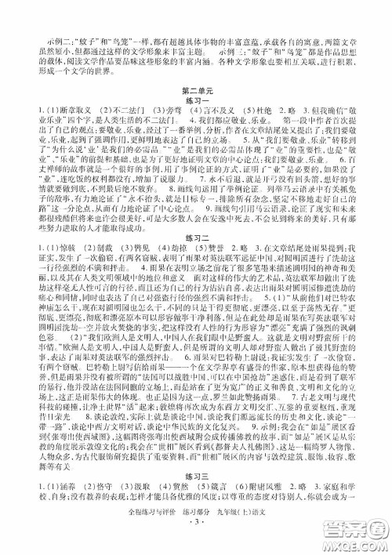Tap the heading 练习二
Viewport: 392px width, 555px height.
(196, 262)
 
